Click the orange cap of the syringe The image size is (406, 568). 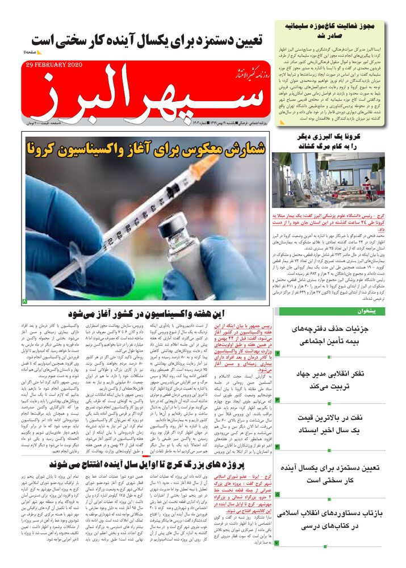point(207,162)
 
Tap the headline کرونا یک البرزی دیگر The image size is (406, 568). point(336,141)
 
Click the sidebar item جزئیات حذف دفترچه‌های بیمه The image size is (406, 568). point(337,335)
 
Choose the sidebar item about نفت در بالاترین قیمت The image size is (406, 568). point(337,424)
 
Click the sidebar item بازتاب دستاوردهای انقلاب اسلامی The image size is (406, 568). point(337,528)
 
